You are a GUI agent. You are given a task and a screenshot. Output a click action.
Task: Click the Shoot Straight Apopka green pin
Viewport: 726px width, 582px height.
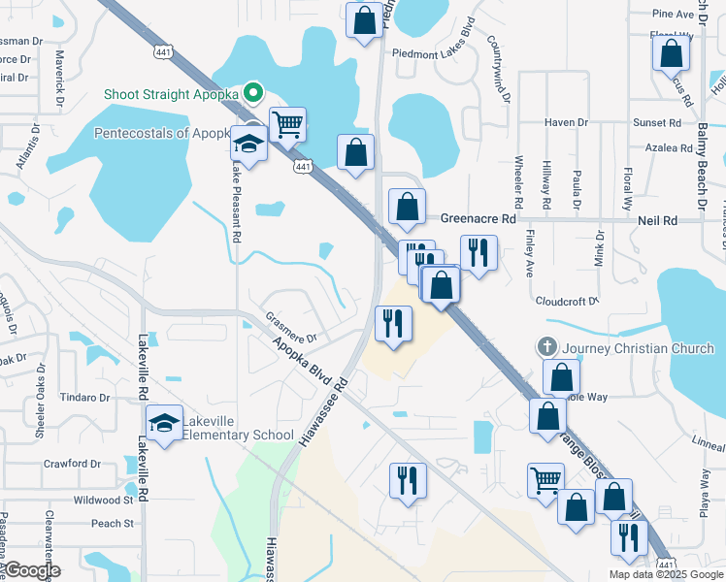point(253,93)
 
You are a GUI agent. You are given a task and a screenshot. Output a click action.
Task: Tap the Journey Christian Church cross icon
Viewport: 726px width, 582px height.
point(547,346)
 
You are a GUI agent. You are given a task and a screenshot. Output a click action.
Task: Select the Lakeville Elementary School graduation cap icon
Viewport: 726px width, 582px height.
point(164,423)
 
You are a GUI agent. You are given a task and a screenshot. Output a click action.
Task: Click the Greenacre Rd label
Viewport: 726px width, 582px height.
point(478,220)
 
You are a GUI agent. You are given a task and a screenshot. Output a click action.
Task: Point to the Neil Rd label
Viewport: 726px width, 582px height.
point(657,221)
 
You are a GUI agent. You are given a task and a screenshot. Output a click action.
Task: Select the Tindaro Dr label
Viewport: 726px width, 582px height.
point(86,398)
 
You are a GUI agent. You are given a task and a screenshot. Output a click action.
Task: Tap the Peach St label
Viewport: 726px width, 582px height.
point(113,524)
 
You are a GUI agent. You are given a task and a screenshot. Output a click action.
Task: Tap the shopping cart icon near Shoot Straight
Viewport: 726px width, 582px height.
point(287,124)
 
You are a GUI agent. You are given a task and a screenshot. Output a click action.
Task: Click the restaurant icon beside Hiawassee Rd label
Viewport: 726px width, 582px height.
point(393,324)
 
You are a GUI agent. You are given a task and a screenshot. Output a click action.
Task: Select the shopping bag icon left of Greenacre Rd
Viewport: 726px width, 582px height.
point(407,206)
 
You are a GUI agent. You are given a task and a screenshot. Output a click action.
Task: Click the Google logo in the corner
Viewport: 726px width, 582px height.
point(33,571)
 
